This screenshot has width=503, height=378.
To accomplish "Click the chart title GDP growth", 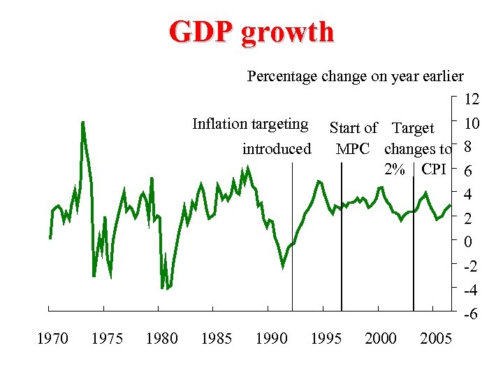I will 251,32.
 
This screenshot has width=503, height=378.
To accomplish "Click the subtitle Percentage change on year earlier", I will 355,76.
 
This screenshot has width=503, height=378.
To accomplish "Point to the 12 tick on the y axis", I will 472,100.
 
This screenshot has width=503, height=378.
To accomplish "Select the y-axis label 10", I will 472,124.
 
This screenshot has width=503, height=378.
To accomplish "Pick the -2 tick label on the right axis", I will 472,267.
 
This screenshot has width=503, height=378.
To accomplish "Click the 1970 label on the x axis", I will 52,339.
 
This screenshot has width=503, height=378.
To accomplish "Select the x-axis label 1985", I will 216,339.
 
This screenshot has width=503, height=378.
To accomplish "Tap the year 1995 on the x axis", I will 326,339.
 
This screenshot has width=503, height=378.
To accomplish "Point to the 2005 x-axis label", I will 436,339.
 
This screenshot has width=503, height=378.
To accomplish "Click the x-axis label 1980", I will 161,339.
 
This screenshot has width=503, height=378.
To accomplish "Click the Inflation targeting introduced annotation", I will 251,136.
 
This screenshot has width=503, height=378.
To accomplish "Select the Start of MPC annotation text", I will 353,138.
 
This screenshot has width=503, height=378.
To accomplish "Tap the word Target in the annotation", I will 413,128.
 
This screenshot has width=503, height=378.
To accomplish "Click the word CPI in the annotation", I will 433,169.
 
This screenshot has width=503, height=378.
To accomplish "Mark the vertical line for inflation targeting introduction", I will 292,280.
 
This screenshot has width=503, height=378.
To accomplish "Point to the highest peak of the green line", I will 83,123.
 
